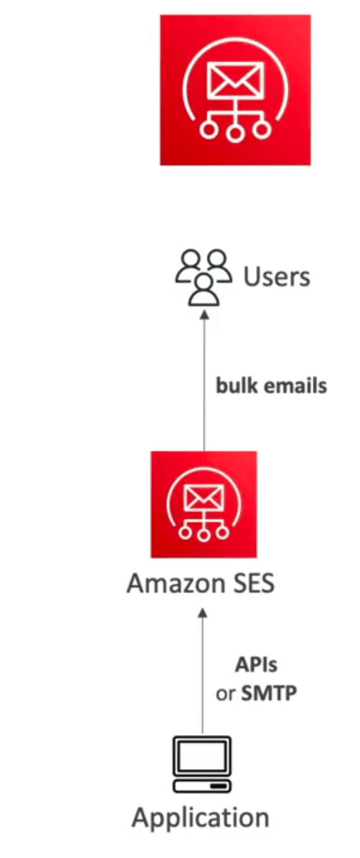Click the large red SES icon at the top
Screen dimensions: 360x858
[235, 90]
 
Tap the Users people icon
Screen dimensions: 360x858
[203, 278]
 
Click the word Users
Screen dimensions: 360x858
[277, 277]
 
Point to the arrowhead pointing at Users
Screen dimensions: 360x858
[205, 314]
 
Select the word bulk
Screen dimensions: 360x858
[236, 385]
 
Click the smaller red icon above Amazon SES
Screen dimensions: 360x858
[204, 504]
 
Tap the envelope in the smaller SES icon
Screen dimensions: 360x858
[204, 498]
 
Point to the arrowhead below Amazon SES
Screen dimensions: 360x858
[203, 613]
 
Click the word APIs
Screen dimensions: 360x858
[256, 665]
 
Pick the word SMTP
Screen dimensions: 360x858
[269, 693]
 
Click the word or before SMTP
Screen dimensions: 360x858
[225, 694]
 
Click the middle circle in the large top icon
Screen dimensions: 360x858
[235, 133]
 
